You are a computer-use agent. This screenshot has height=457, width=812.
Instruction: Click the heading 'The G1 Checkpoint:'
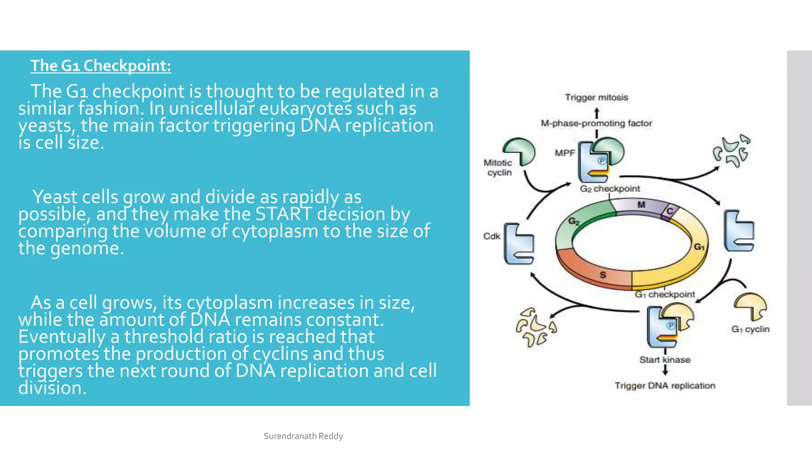coord(101,66)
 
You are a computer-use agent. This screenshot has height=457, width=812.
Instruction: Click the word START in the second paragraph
coord(283,214)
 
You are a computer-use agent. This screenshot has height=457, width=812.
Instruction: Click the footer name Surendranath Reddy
coord(303,436)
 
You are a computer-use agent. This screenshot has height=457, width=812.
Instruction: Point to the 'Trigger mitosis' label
coord(596,98)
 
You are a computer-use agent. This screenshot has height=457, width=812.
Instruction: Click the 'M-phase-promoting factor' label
coord(596,123)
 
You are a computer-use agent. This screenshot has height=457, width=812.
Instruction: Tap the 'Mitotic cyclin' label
coord(498,167)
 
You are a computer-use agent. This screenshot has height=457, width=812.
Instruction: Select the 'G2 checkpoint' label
coord(610,189)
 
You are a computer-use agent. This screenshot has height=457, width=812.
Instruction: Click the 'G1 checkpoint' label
coord(665,294)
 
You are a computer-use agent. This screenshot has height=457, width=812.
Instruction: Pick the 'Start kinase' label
coord(665,360)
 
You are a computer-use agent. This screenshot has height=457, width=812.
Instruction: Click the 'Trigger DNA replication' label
coord(665,386)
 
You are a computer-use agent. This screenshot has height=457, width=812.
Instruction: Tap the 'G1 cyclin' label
coord(750,329)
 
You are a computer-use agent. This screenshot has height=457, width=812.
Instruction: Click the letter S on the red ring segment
coord(603,275)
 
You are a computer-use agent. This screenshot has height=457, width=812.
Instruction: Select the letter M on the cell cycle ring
coord(641,205)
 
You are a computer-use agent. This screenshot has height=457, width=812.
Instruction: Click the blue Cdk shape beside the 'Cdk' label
coord(518,244)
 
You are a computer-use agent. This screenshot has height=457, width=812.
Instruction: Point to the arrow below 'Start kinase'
coord(665,371)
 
